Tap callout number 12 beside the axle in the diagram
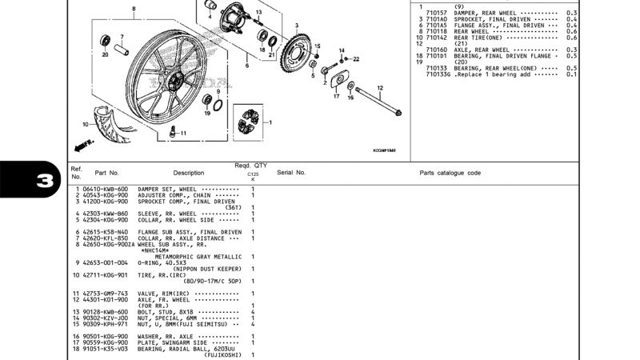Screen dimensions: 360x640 (x=380, y=87)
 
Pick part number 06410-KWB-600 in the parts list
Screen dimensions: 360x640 (x=106, y=189)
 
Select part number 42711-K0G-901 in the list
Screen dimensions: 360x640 (x=106, y=274)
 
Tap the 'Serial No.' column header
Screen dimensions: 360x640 (x=291, y=172)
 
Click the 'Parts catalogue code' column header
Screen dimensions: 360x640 (x=450, y=172)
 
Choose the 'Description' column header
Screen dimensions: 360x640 (x=189, y=172)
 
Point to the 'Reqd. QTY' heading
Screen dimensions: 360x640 (x=250, y=165)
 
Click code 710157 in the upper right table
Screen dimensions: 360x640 (x=437, y=14)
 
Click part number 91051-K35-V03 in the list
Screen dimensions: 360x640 (x=106, y=348)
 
